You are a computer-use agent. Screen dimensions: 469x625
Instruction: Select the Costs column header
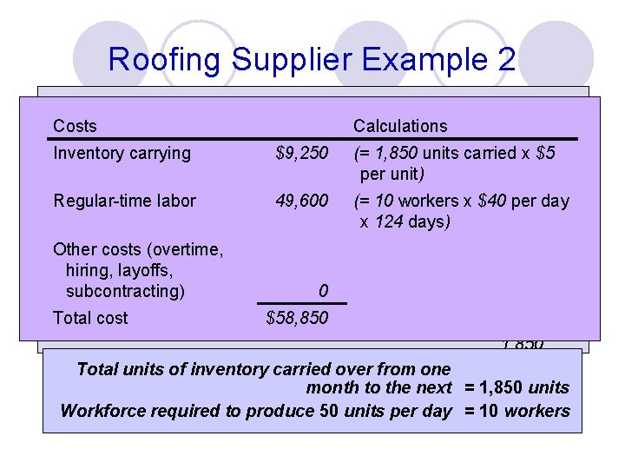[x=75, y=126]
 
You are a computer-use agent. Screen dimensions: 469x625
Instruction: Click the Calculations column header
[x=400, y=126]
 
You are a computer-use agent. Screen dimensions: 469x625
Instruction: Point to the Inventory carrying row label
[x=122, y=153]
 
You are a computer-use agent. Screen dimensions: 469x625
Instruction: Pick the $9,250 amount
[x=301, y=153]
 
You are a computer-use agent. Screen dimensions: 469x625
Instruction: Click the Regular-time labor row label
[x=124, y=201]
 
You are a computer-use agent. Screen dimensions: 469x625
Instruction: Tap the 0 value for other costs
[x=322, y=289]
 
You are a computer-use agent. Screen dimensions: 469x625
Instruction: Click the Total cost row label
[x=90, y=318]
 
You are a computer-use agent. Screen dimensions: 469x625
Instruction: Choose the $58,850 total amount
[x=297, y=318]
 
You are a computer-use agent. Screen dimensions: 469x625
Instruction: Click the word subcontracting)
[x=125, y=290]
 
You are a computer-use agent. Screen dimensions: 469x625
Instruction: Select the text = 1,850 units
[x=516, y=387]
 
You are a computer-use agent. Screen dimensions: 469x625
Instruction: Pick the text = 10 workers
[x=516, y=410]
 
